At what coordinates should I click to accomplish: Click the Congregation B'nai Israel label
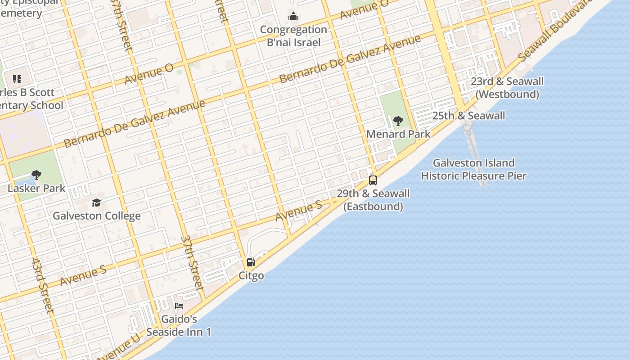[x=293, y=36]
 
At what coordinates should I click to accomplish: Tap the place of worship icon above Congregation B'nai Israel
[x=293, y=17]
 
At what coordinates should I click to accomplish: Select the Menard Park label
[x=398, y=134]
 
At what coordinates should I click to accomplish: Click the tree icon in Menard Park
[x=398, y=121]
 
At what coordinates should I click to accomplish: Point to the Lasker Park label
[x=36, y=189]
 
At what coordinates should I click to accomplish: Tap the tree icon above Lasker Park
[x=36, y=175]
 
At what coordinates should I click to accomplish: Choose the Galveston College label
[x=97, y=216]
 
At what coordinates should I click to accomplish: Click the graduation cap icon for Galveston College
[x=97, y=203]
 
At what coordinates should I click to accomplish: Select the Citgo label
[x=251, y=275]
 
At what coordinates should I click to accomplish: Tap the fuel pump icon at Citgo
[x=251, y=262]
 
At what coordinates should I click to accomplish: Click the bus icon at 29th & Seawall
[x=373, y=180]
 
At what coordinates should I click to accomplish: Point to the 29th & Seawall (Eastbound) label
[x=373, y=200]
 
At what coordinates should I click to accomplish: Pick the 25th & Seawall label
[x=468, y=116]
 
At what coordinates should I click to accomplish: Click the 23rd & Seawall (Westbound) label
[x=507, y=88]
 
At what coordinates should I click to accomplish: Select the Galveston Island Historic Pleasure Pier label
[x=473, y=169]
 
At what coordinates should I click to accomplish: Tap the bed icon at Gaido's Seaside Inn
[x=179, y=306]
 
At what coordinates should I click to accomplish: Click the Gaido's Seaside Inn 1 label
[x=179, y=326]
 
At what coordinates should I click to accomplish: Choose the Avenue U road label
[x=118, y=348]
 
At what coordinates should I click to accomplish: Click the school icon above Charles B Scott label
[x=17, y=80]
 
